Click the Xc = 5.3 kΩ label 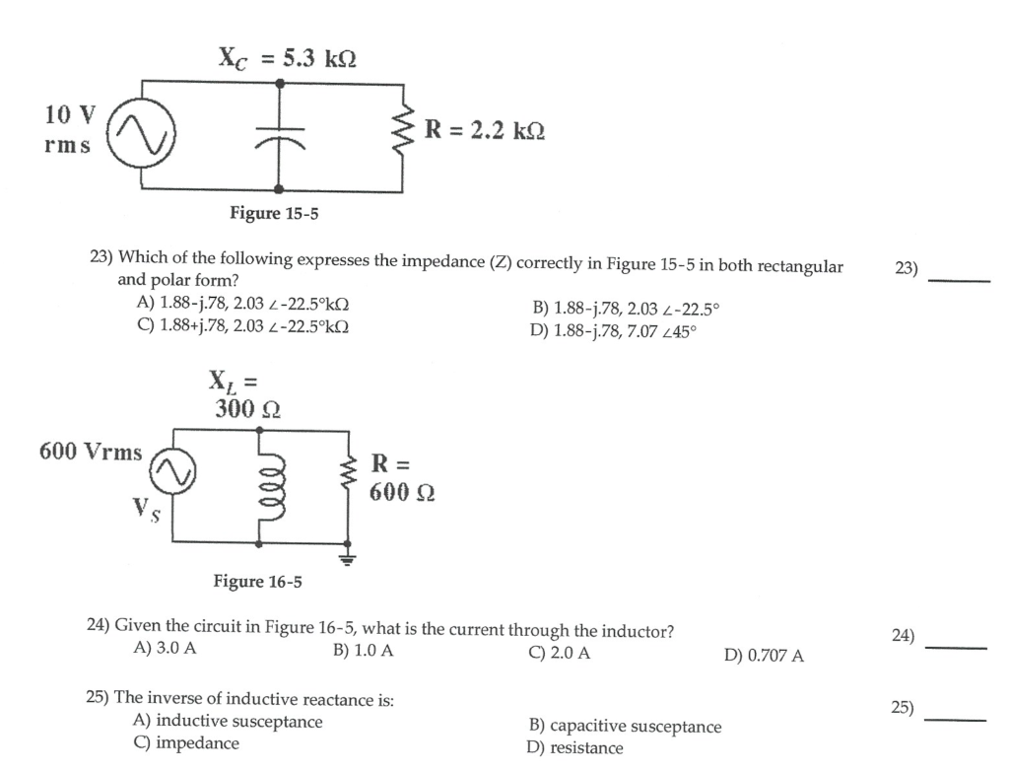287,58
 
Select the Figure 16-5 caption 258,581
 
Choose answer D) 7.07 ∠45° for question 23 613,330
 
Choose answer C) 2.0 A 559,652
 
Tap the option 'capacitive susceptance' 625,727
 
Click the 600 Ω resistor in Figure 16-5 347,476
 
